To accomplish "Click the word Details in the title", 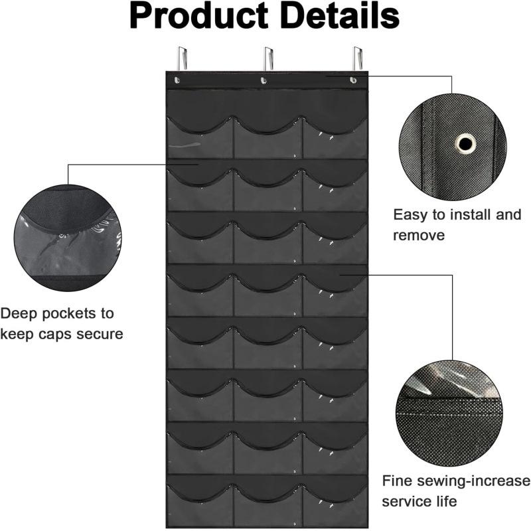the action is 341,15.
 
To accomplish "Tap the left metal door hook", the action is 182,58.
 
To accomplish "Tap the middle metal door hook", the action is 269,58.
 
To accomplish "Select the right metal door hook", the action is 358,58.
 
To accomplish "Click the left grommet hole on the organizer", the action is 177,80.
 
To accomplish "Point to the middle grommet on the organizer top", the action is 264,80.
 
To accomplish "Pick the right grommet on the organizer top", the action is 353,80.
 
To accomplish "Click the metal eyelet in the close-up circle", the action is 465,143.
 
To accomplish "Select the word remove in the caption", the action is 419,236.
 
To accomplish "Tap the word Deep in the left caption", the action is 19,314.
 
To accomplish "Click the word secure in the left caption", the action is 100,335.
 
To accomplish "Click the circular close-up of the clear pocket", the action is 68,238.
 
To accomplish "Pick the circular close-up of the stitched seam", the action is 449,414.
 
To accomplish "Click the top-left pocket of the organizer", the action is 200,138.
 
